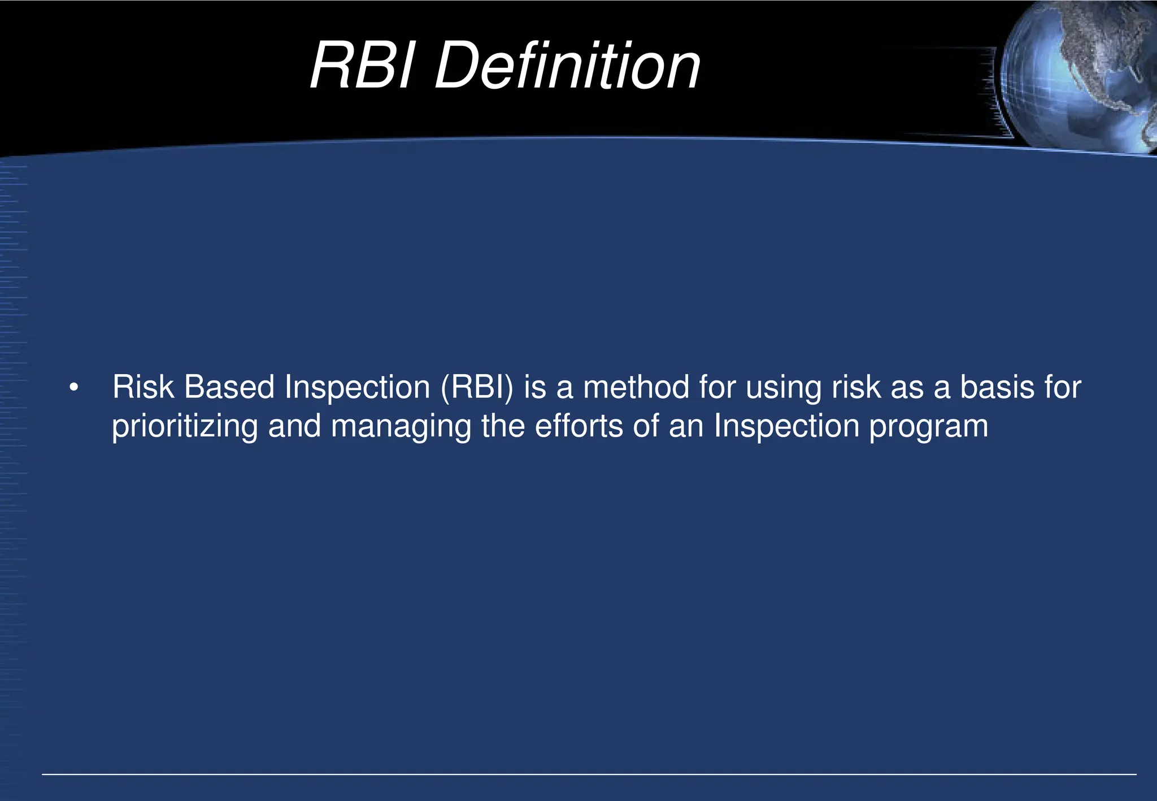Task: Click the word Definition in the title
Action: tap(567, 66)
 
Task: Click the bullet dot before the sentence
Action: tap(73, 388)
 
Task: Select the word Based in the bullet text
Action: tap(229, 387)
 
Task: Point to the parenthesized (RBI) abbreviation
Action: tap(477, 388)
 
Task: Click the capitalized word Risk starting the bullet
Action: tap(143, 387)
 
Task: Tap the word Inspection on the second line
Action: tap(786, 426)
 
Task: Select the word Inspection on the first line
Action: tap(358, 388)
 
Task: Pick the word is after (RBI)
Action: tap(535, 387)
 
